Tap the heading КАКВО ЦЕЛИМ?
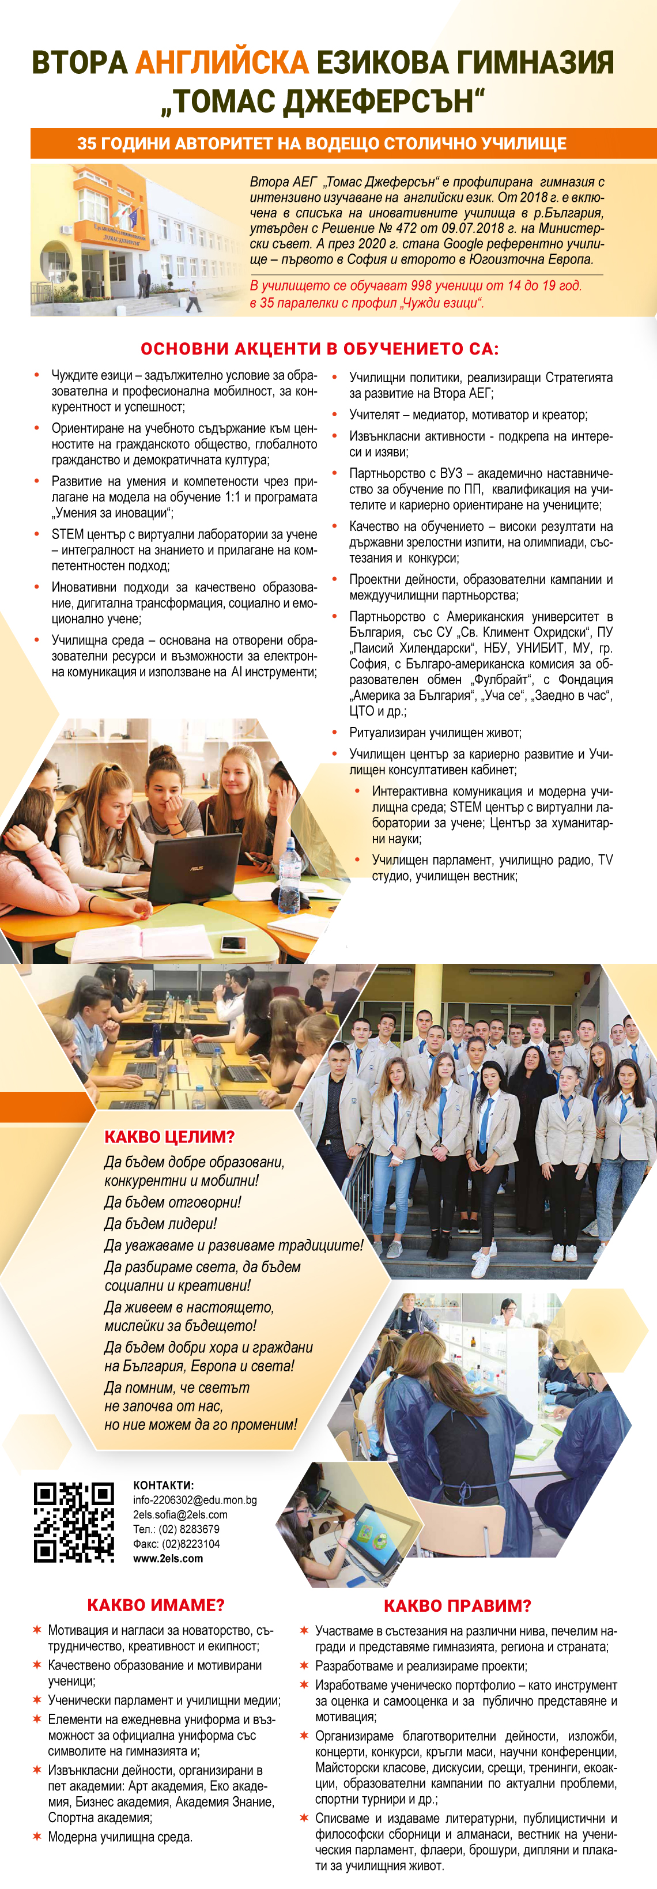(169, 1137)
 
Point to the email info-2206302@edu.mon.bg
(194, 1500)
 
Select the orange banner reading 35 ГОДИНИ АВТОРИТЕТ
(322, 144)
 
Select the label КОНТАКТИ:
(163, 1485)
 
